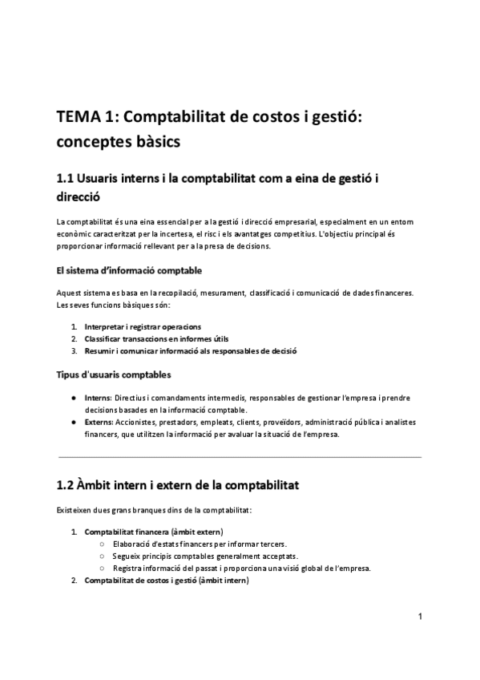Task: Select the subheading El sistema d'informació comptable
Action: tap(129, 270)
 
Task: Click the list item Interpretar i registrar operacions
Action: tap(143, 326)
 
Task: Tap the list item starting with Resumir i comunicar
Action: tap(190, 350)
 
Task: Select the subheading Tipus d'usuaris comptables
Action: tap(113, 374)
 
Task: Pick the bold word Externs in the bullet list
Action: tap(99, 423)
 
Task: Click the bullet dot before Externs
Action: tap(75, 423)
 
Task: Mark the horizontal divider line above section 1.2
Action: tap(240, 457)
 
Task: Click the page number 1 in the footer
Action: tap(419, 616)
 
